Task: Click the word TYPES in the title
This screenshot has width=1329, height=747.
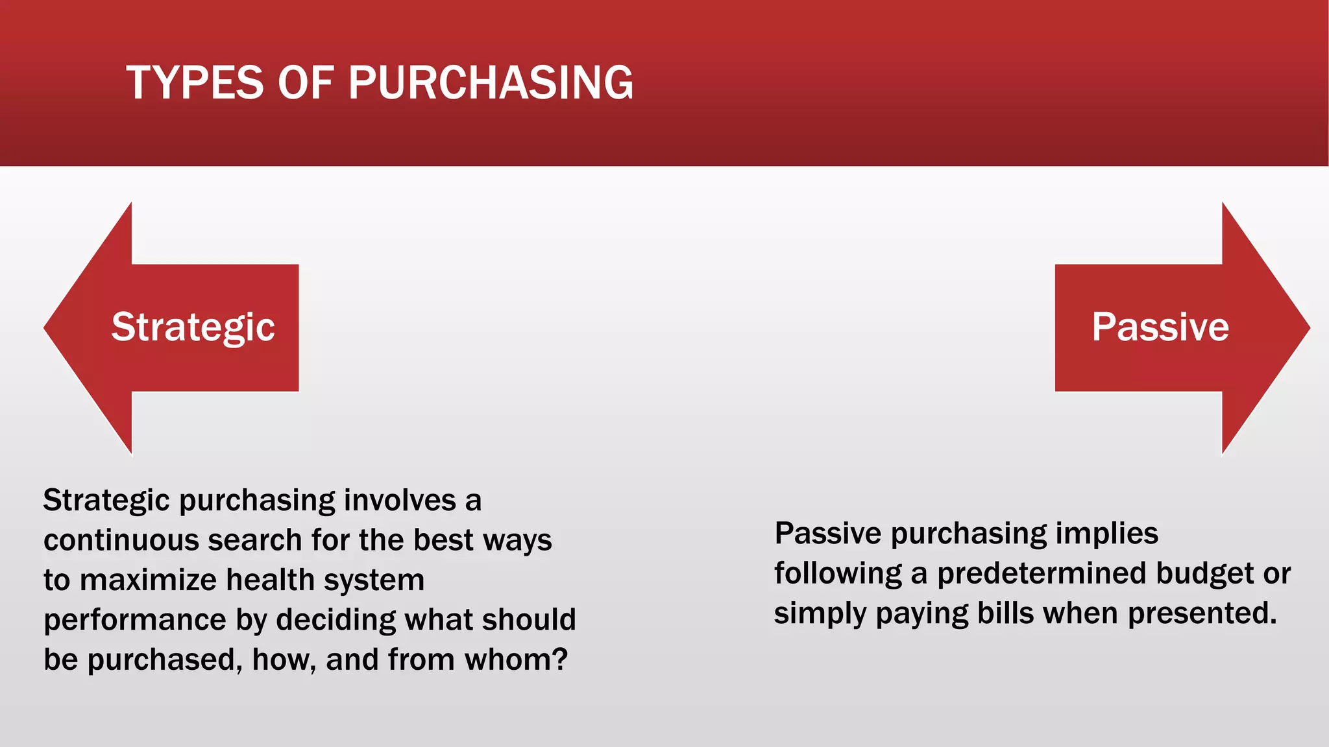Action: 195,83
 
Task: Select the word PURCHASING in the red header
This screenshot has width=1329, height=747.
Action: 491,83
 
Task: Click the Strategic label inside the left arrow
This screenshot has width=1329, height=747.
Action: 193,327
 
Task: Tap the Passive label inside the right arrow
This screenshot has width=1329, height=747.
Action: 1160,327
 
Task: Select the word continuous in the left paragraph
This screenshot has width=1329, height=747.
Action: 121,540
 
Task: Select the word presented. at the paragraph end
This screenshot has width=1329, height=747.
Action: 1202,613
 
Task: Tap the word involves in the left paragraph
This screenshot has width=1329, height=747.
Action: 400,501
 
